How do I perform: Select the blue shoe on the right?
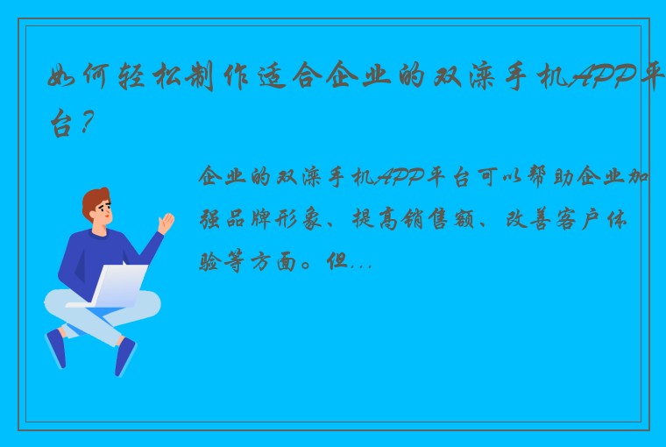(x=125, y=356)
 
